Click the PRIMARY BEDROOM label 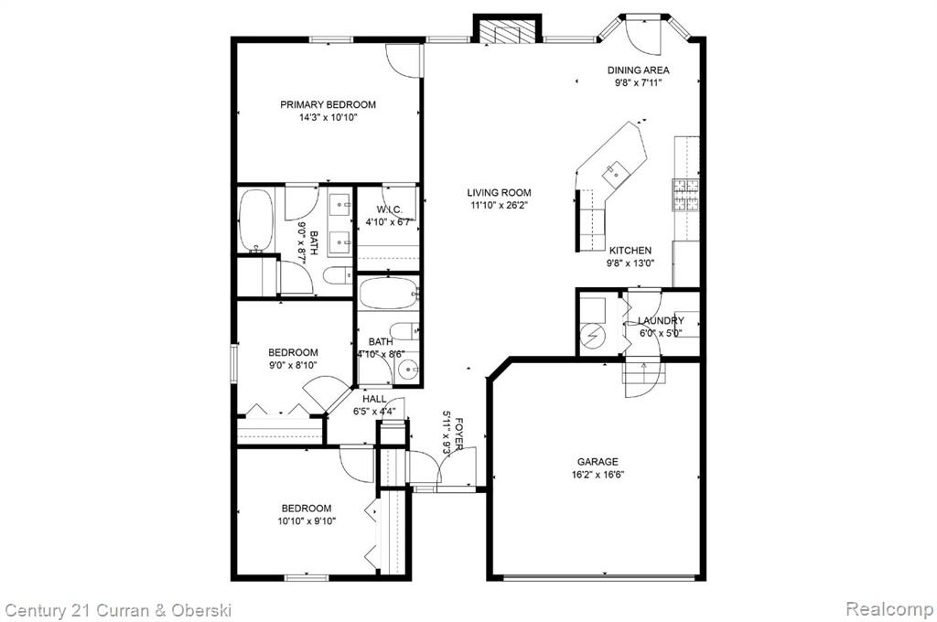pos(328,104)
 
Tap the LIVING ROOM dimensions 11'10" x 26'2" pos(499,206)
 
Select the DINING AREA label pos(638,70)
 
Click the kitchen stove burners pos(686,196)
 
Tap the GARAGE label pos(598,462)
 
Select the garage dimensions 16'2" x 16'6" pos(598,475)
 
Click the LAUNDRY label pos(661,321)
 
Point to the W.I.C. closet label pos(389,209)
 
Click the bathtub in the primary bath pos(256,220)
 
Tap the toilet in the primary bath pos(339,276)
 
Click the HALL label pos(374,399)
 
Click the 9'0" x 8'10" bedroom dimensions pos(293,365)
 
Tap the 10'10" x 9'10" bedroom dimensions pos(307,521)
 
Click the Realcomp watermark pos(889,609)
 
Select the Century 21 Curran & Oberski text pos(118,610)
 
